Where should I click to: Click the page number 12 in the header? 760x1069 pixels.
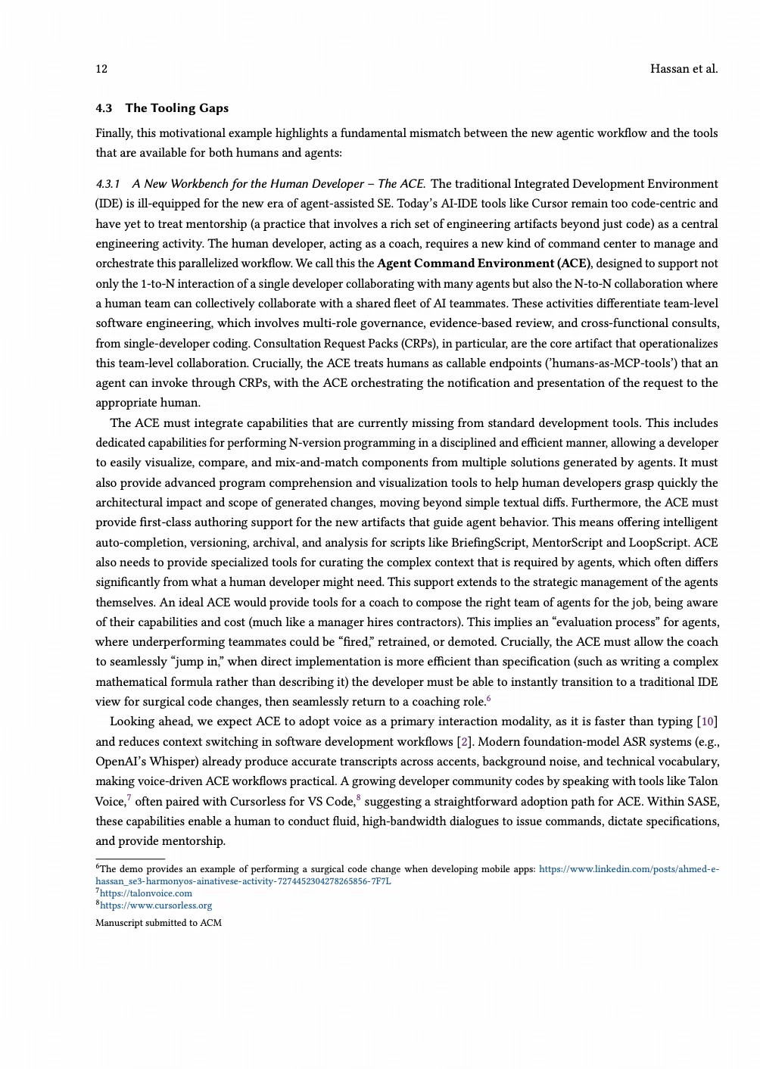pos(101,69)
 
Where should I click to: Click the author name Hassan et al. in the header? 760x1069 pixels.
pos(684,69)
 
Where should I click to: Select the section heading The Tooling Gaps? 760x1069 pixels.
pos(176,108)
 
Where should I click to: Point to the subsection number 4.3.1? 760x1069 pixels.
pos(107,184)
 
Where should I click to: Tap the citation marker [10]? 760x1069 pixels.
pos(709,721)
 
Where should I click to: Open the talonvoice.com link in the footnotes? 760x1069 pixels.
pos(146,893)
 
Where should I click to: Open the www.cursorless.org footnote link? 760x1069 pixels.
pos(156,905)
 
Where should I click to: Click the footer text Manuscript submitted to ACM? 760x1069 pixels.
pos(158,923)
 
